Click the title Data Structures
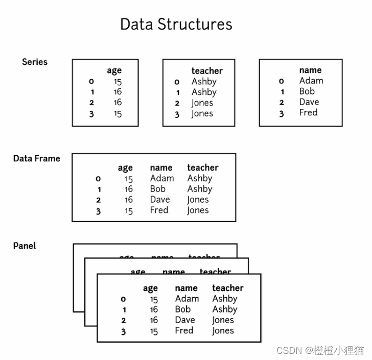(176, 25)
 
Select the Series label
(35, 62)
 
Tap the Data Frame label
(37, 158)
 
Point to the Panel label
(25, 246)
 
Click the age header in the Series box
(114, 71)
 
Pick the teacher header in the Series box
(207, 71)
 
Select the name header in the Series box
(310, 70)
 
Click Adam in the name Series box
(311, 81)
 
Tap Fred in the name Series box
(308, 112)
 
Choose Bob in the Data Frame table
(158, 189)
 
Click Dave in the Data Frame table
(160, 200)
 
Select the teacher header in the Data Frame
(203, 167)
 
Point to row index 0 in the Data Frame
(98, 179)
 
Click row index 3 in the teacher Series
(177, 114)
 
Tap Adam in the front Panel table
(187, 299)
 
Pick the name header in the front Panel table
(186, 288)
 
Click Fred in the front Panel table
(184, 330)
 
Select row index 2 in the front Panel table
(123, 321)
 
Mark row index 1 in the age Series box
(92, 92)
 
